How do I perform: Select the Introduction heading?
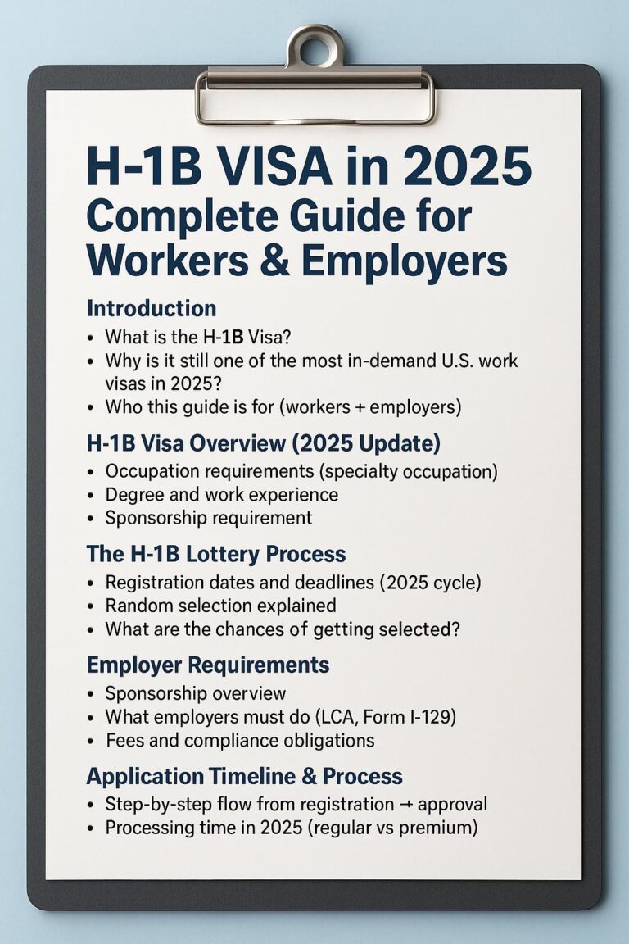click(152, 309)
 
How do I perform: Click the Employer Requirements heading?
click(208, 665)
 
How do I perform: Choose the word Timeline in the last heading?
click(257, 776)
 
